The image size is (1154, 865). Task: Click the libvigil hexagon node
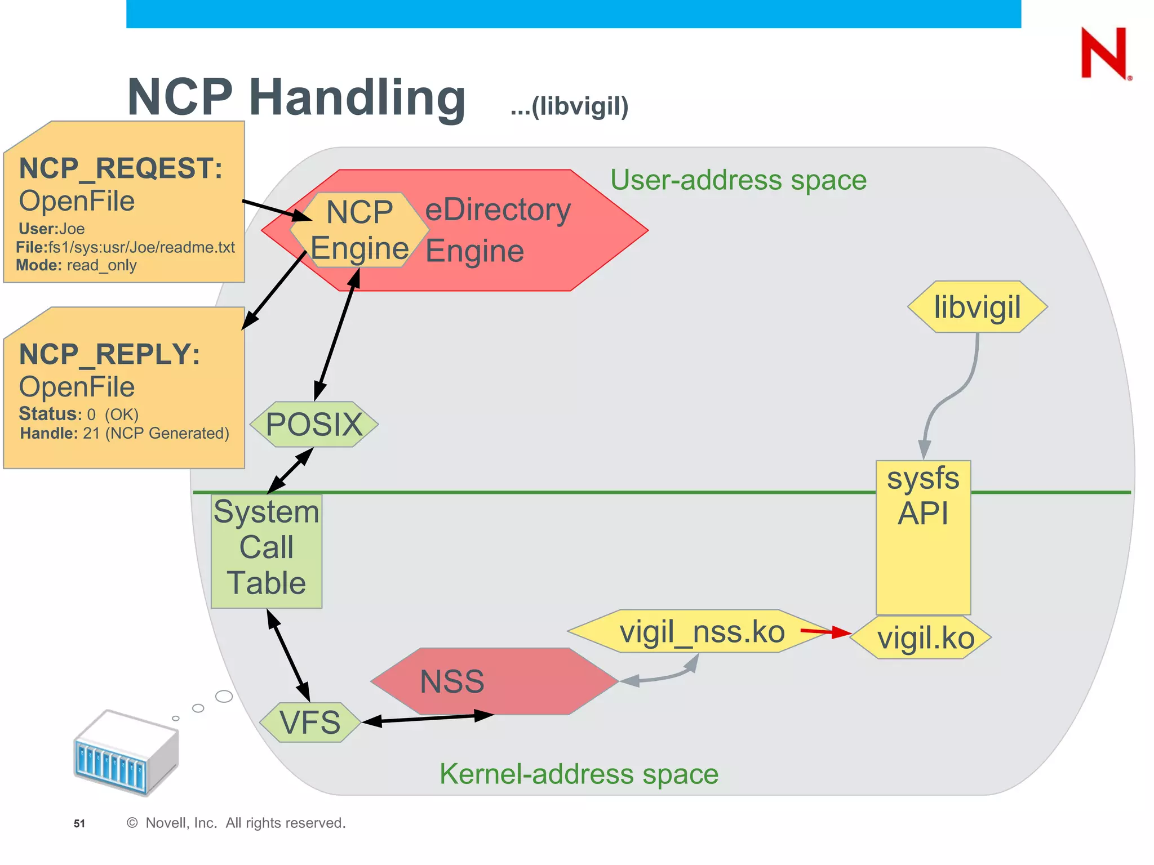[977, 307]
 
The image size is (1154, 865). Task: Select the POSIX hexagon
[314, 424]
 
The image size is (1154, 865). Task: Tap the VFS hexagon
[310, 723]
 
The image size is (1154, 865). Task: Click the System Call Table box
[267, 551]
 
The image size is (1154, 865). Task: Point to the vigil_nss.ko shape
[702, 631]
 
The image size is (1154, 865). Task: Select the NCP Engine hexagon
[359, 230]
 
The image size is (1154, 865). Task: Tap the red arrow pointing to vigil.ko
[825, 632]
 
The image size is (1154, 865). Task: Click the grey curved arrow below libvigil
[952, 394]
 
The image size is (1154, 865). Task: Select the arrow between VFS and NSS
[428, 719]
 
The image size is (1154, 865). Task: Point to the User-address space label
[738, 180]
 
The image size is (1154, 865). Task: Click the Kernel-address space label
[579, 774]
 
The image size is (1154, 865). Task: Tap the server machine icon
[126, 752]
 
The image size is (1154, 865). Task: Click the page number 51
[79, 823]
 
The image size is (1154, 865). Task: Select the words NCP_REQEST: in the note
[121, 168]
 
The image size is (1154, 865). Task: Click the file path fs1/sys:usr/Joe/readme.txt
[141, 247]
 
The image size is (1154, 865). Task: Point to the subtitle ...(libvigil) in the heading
[569, 106]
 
